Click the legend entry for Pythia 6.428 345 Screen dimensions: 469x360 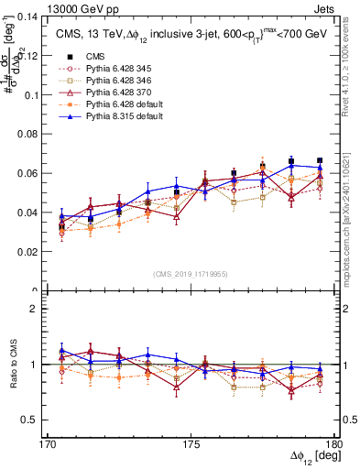[x=115, y=69]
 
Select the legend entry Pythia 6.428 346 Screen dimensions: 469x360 [x=115, y=82]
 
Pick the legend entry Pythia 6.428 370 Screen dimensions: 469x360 [x=115, y=94]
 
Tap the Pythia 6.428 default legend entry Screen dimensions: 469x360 [x=119, y=106]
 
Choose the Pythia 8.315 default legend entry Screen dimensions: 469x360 [x=119, y=119]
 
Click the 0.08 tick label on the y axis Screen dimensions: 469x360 [x=34, y=134]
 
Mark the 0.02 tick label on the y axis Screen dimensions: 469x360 [x=34, y=251]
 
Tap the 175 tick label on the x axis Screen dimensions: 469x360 [x=191, y=445]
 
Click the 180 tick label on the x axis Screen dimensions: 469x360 [x=334, y=445]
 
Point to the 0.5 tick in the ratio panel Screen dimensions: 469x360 [x=38, y=420]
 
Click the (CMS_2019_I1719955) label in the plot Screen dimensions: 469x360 [x=191, y=273]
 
